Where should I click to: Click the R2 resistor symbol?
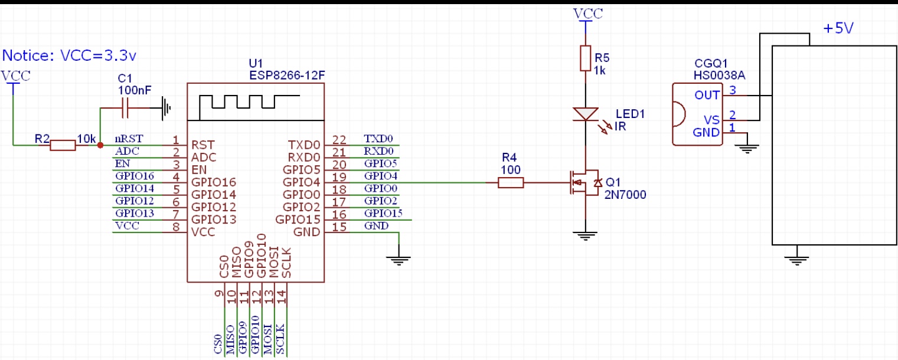pos(63,145)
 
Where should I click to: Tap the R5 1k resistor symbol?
pos(585,58)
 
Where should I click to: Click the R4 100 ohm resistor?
pos(511,183)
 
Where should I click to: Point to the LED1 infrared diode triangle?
pos(585,114)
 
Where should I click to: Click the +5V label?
pos(838,28)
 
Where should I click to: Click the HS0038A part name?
pos(720,75)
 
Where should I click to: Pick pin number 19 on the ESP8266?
pos(338,176)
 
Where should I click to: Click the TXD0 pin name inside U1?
pos(303,145)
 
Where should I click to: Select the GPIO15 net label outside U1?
pos(383,213)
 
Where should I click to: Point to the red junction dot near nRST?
pos(100,145)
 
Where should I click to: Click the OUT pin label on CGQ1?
pos(707,95)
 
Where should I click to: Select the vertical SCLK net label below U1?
pos(281,339)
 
